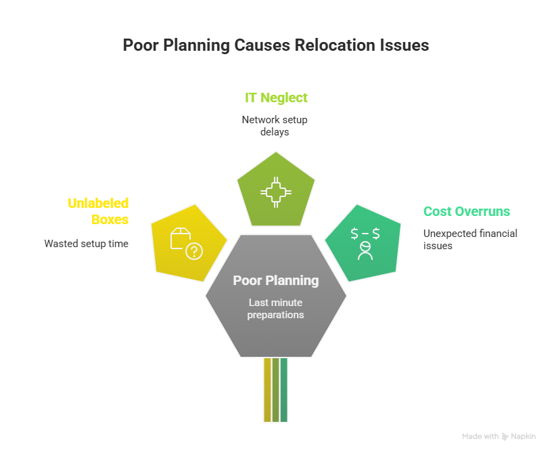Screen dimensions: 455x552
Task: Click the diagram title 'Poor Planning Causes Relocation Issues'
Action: coord(275,45)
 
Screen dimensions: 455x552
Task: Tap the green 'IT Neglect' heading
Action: coord(276,97)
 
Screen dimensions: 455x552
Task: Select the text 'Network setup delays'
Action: coord(275,125)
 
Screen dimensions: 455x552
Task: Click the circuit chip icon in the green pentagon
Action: coord(276,193)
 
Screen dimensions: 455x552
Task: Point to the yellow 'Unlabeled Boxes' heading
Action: coord(98,211)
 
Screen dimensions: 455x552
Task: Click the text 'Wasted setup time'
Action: coord(86,243)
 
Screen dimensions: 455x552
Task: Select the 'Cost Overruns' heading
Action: coord(466,211)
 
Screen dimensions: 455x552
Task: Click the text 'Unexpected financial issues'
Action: coord(470,239)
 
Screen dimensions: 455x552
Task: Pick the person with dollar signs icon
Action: coord(365,243)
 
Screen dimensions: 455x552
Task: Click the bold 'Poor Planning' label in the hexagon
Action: coord(275,280)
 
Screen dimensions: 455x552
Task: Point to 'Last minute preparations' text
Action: coord(275,309)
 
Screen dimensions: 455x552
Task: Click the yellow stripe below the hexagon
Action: coord(267,390)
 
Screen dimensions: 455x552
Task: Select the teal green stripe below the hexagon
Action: coord(284,390)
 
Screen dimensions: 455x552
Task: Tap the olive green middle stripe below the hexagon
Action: coord(276,390)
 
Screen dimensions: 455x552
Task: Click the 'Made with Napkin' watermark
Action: coord(499,437)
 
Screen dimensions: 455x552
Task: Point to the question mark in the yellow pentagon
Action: coord(194,252)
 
